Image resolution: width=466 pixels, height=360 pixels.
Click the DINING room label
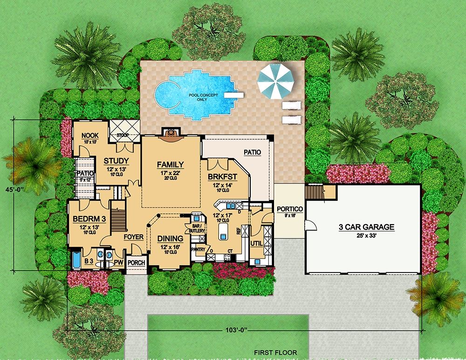click(x=169, y=238)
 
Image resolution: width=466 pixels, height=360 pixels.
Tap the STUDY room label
click(x=116, y=161)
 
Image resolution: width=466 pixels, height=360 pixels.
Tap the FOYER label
click(x=133, y=237)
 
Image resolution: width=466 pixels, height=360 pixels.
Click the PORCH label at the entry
click(x=137, y=263)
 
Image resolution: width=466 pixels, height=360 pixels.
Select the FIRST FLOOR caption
click(x=275, y=353)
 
